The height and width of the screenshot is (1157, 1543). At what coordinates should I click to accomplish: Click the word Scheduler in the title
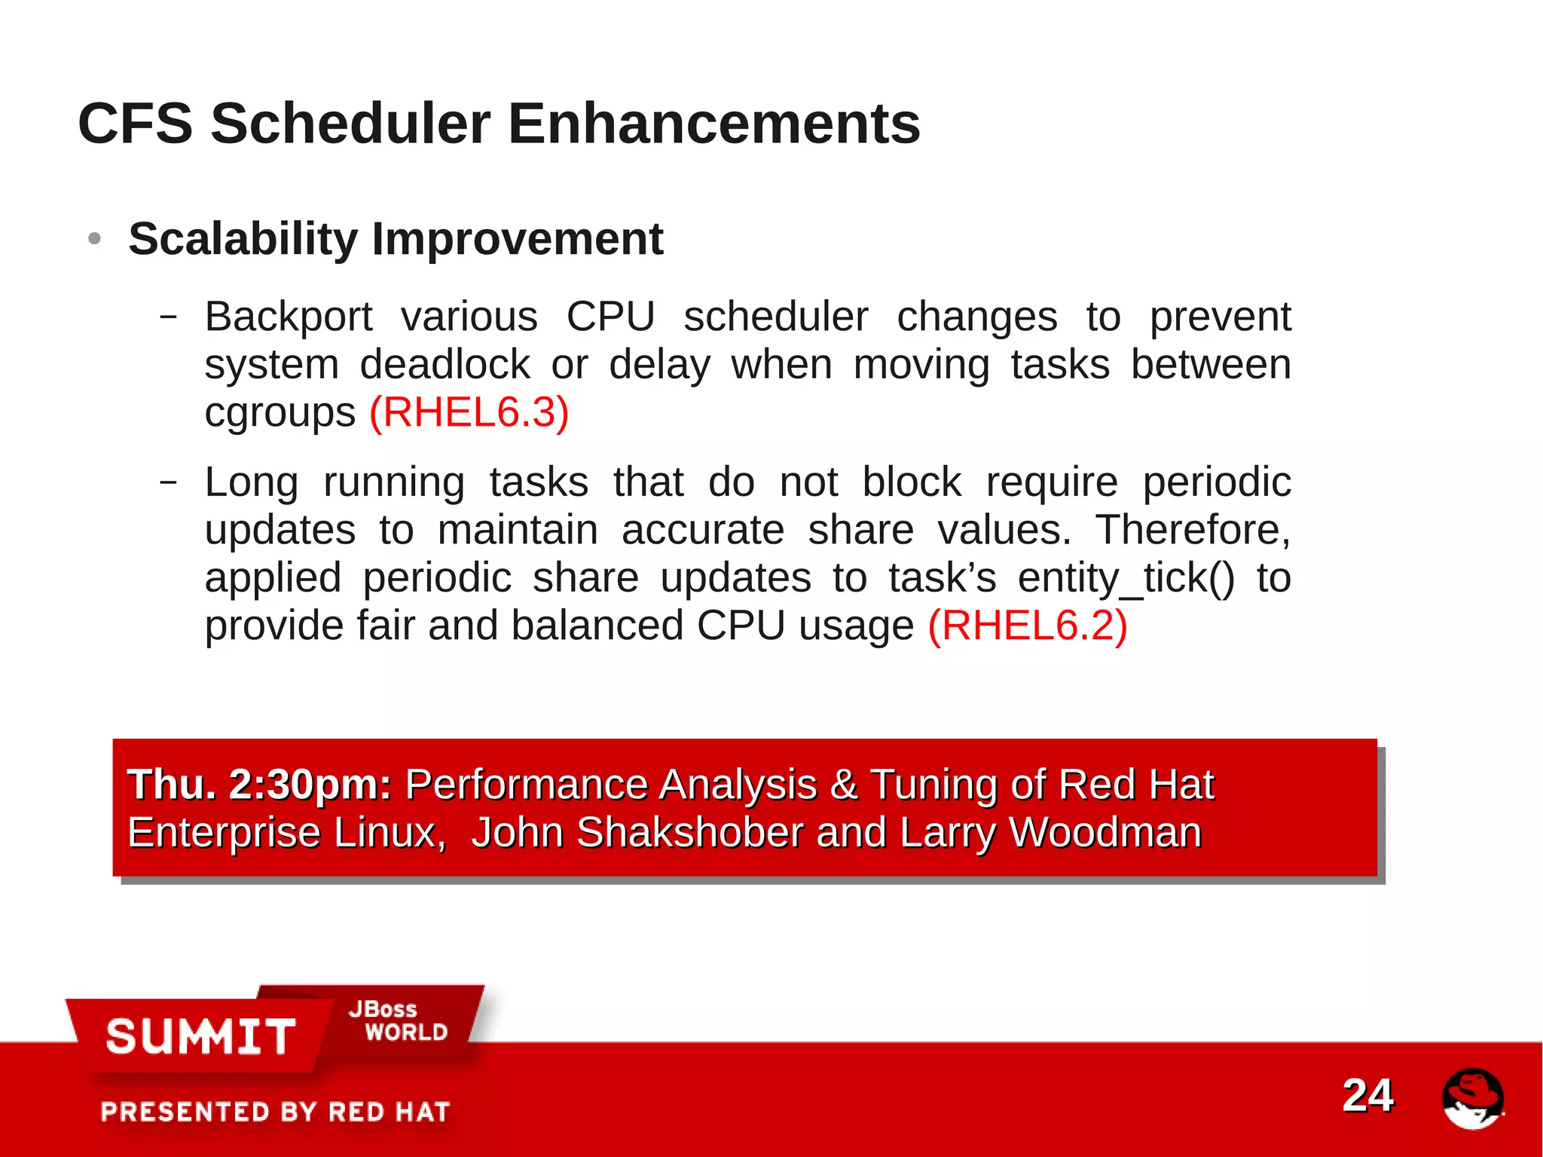pyautogui.click(x=350, y=124)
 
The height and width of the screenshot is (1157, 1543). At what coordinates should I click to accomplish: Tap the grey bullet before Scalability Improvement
pyautogui.click(x=94, y=239)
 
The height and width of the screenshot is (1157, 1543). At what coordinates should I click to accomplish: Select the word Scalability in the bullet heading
pyautogui.click(x=243, y=240)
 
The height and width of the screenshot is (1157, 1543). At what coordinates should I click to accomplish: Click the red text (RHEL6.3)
pyautogui.click(x=469, y=412)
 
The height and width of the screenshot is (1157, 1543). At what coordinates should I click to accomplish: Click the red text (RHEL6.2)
pyautogui.click(x=1027, y=626)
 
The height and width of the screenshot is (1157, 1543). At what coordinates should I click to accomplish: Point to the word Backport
pyautogui.click(x=289, y=317)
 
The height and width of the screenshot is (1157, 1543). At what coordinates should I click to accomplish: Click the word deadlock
pyautogui.click(x=445, y=365)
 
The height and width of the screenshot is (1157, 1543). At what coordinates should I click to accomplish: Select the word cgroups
pyautogui.click(x=280, y=413)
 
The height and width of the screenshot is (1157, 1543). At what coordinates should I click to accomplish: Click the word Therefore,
pyautogui.click(x=1193, y=530)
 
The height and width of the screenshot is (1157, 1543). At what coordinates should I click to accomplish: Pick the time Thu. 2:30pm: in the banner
pyautogui.click(x=259, y=785)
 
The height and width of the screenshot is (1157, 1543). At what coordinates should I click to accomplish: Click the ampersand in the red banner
pyautogui.click(x=843, y=785)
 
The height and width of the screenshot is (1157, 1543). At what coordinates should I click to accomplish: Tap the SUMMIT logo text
pyautogui.click(x=200, y=1036)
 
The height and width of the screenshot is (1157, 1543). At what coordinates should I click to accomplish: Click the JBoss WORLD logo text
pyautogui.click(x=398, y=1021)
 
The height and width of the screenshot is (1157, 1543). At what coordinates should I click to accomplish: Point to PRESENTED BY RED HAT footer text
pyautogui.click(x=275, y=1112)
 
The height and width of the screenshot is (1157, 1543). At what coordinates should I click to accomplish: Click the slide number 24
pyautogui.click(x=1367, y=1095)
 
